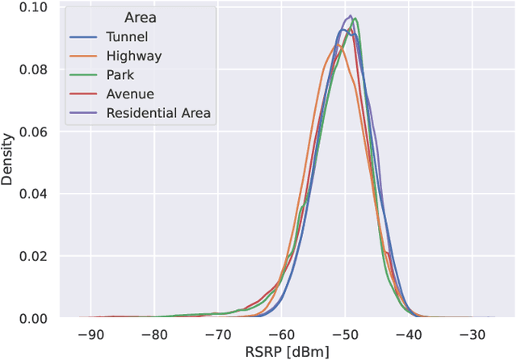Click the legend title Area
tap(141, 17)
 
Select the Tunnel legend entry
tap(125, 36)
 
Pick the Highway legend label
tap(134, 56)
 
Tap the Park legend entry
tap(120, 75)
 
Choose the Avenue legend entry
tap(130, 94)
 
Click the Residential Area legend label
tap(158, 113)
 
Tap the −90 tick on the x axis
tap(90, 334)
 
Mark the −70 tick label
tap(217, 334)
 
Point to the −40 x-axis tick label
tap(409, 334)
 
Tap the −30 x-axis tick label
tap(473, 334)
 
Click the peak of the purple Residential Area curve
tap(350, 15)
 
